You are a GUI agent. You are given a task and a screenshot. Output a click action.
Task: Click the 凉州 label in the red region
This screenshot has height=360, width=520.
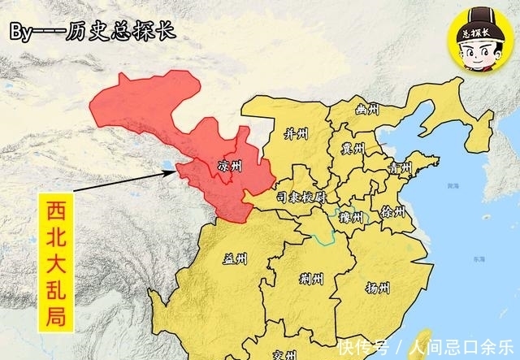click(x=230, y=166)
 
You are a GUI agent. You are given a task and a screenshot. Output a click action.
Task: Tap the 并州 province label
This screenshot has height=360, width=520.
click(x=295, y=132)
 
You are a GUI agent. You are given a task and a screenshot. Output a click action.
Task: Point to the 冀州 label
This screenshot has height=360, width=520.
click(x=353, y=148)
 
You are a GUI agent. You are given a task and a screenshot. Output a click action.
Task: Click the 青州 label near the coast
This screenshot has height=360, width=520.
click(x=399, y=170)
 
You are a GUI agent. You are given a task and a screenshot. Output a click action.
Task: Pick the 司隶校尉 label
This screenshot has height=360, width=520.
click(x=301, y=197)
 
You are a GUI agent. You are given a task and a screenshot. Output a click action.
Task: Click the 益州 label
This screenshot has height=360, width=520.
click(x=235, y=260)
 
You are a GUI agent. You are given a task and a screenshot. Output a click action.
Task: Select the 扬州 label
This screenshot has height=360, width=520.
click(x=377, y=288)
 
